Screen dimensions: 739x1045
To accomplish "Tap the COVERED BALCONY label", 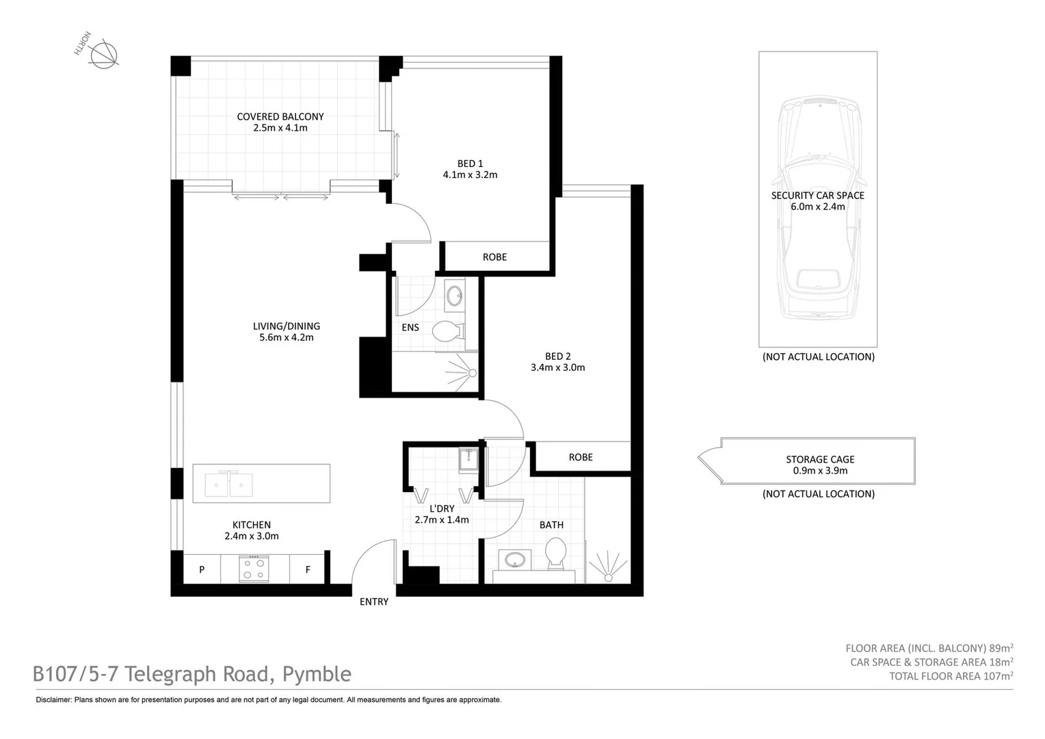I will point(280,116).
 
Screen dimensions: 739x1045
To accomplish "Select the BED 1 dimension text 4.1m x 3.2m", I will point(470,175).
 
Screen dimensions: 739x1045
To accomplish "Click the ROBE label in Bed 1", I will point(494,257).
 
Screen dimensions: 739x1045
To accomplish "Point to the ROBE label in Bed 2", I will point(581,457).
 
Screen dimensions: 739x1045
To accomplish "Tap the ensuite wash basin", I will point(454,296).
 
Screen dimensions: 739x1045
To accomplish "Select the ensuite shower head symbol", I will point(471,373).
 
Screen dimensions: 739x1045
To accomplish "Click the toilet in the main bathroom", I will point(555,553).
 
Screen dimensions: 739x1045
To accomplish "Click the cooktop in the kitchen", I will point(254,569).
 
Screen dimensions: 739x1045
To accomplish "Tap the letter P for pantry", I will point(202,569).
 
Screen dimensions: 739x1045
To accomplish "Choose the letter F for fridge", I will point(308,569).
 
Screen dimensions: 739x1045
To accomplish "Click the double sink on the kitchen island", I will point(229,484).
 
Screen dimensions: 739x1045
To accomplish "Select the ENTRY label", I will point(374,602).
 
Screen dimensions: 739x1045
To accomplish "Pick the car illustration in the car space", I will point(818,205).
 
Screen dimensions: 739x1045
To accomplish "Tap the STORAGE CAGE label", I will point(820,460).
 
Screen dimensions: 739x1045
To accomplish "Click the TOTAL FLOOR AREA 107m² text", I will point(951,676).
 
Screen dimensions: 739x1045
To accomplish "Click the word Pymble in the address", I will point(317,675).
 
